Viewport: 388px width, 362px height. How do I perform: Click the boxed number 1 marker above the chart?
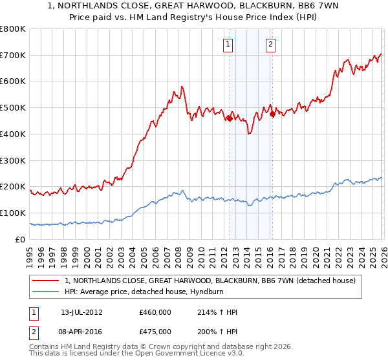(x=229, y=45)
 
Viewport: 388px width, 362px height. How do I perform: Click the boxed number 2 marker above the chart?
(x=270, y=45)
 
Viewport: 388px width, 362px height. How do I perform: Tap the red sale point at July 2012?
(x=230, y=118)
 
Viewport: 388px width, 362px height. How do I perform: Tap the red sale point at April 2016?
(x=272, y=114)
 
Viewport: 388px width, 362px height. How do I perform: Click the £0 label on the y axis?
(x=19, y=239)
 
